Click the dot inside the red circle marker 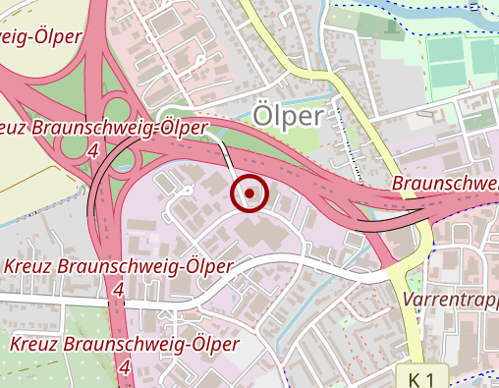(249, 194)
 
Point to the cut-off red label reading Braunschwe (445, 184)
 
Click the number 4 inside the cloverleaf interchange (93, 150)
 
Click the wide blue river (432, 12)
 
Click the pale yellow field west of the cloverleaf (29, 177)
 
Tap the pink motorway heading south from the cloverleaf (117, 324)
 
